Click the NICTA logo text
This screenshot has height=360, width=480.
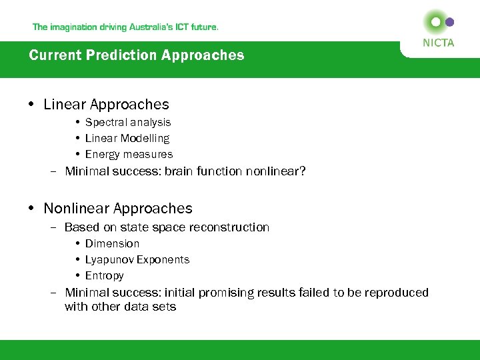(x=438, y=43)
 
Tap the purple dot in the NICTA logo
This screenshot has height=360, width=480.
(x=449, y=22)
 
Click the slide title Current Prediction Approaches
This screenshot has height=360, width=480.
(x=137, y=55)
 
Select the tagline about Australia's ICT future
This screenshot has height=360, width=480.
(x=125, y=27)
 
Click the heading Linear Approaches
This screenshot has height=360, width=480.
(x=106, y=105)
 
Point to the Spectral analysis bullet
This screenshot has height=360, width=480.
(x=128, y=123)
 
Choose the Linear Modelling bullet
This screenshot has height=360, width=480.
(x=127, y=139)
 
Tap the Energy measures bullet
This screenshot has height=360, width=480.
(x=129, y=155)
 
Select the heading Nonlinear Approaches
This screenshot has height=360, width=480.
(x=117, y=209)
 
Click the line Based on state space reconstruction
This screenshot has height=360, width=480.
(x=167, y=227)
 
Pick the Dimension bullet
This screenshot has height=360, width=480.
(x=112, y=244)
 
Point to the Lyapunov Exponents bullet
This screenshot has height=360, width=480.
(x=137, y=260)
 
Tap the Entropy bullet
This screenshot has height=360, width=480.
(x=105, y=276)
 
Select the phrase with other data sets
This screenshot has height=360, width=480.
(x=120, y=307)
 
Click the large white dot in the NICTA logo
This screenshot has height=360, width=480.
(x=436, y=22)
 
